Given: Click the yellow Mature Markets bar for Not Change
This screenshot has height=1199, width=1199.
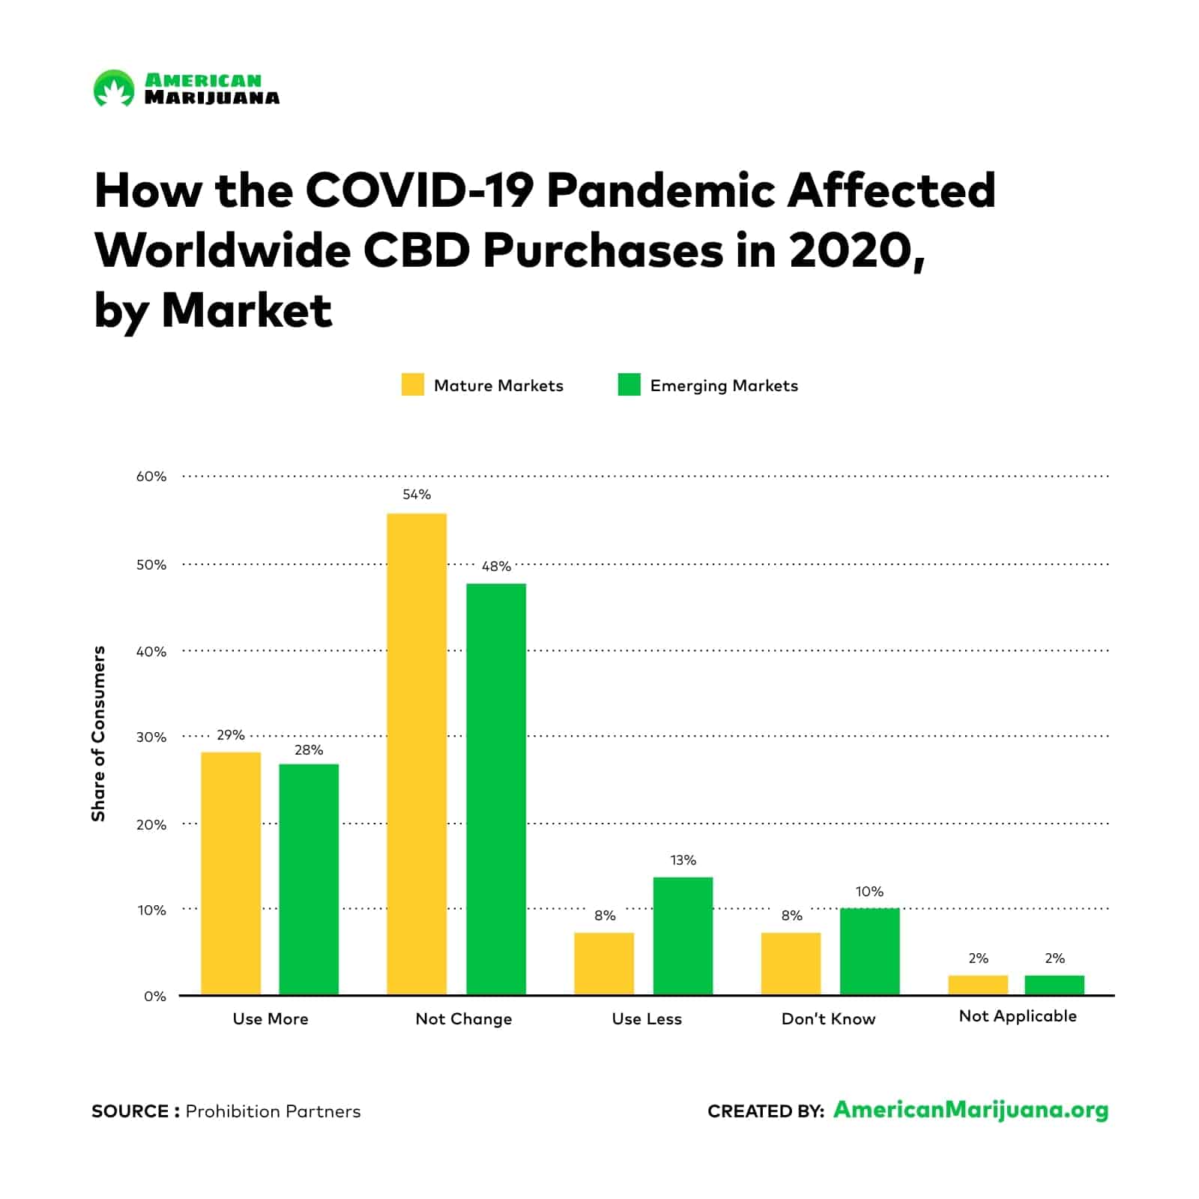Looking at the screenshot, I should pyautogui.click(x=417, y=753).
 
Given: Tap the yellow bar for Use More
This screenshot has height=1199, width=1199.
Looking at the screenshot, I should pyautogui.click(x=231, y=873).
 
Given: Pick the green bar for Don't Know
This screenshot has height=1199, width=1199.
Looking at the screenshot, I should pyautogui.click(x=869, y=951).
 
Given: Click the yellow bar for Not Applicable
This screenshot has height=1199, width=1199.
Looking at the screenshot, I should pyautogui.click(x=978, y=985).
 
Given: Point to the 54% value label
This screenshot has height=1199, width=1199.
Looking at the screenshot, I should pyautogui.click(x=417, y=495).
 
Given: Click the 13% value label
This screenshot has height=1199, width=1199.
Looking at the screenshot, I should pyautogui.click(x=683, y=860).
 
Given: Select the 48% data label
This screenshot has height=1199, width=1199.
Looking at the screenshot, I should pyautogui.click(x=496, y=567).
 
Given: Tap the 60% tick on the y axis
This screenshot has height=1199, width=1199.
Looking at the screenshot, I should pyautogui.click(x=151, y=477).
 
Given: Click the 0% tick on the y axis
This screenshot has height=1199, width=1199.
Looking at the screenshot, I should pyautogui.click(x=154, y=997).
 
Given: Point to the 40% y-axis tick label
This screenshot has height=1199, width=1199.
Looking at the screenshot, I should pyautogui.click(x=151, y=652).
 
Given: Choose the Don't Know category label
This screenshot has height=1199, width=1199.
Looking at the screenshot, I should pyautogui.click(x=828, y=1019).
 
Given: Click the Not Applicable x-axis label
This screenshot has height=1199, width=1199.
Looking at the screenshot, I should pyautogui.click(x=1018, y=1016).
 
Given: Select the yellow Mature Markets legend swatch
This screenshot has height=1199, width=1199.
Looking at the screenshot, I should pyautogui.click(x=412, y=384).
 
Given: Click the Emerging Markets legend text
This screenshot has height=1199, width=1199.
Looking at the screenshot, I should pyautogui.click(x=724, y=386).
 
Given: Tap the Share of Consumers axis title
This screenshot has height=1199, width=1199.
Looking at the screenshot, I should pyautogui.click(x=98, y=734).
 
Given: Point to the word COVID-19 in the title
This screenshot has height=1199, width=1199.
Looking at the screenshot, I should pyautogui.click(x=420, y=190).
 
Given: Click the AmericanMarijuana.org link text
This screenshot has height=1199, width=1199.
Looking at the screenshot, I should pyautogui.click(x=970, y=1110).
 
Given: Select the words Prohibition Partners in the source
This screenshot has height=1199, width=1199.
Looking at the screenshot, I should pyautogui.click(x=273, y=1111).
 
